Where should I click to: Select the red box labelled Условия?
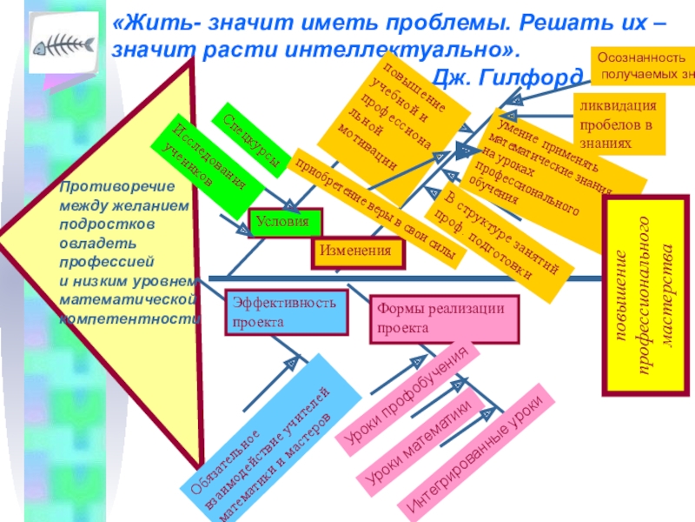[285, 223]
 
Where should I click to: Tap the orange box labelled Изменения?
[359, 251]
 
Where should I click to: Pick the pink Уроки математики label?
[418, 443]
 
